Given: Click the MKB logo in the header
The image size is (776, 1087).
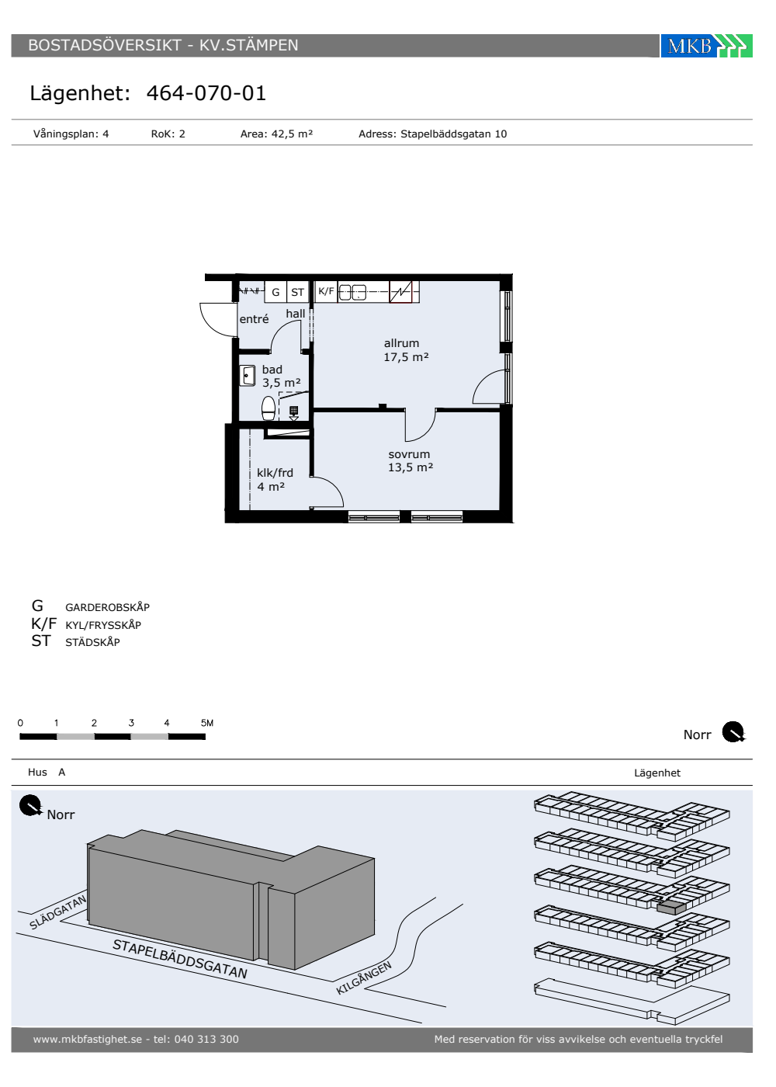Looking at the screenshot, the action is pos(706,46).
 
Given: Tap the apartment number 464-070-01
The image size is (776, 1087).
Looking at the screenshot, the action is pos(206,93).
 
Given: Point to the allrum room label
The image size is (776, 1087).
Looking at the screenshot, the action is pos(402,343).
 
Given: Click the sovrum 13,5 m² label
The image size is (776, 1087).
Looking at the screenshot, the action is pos(410,460).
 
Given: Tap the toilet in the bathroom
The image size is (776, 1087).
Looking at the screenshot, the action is pos(268,408).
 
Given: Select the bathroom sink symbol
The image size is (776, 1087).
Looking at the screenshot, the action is pos(248,376).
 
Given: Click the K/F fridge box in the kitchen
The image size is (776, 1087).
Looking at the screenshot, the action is pos(326,291).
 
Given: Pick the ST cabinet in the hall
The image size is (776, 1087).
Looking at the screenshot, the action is pos(298,292).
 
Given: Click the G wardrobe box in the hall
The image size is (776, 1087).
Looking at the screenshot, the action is pos(275,292).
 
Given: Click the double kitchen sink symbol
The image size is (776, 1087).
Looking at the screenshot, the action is pos(352,292).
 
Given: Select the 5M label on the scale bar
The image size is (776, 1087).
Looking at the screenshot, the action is pos(207,723).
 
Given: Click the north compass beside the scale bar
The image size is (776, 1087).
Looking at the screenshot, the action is pos(733,732).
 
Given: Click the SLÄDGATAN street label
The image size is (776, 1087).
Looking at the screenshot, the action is pos(57,912).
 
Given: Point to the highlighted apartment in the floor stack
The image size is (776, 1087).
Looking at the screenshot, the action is pos(671,908).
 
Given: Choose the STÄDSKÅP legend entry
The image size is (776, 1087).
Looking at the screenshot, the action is pos(92,642).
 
